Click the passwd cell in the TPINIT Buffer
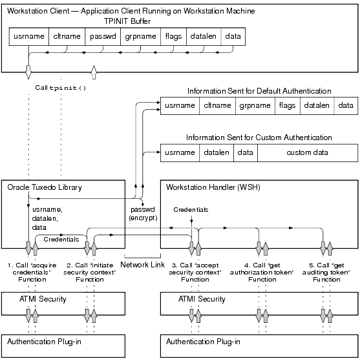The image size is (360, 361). pyautogui.click(x=103, y=37)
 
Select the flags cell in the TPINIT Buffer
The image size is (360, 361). pyautogui.click(x=173, y=37)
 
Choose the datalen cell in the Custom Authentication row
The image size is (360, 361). pyautogui.click(x=215, y=152)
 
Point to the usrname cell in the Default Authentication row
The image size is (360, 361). pyautogui.click(x=179, y=105)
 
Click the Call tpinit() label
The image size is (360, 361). pyautogui.click(x=61, y=87)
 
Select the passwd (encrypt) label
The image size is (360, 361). pyautogui.click(x=142, y=214)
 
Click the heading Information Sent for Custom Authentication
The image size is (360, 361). pyautogui.click(x=259, y=138)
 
